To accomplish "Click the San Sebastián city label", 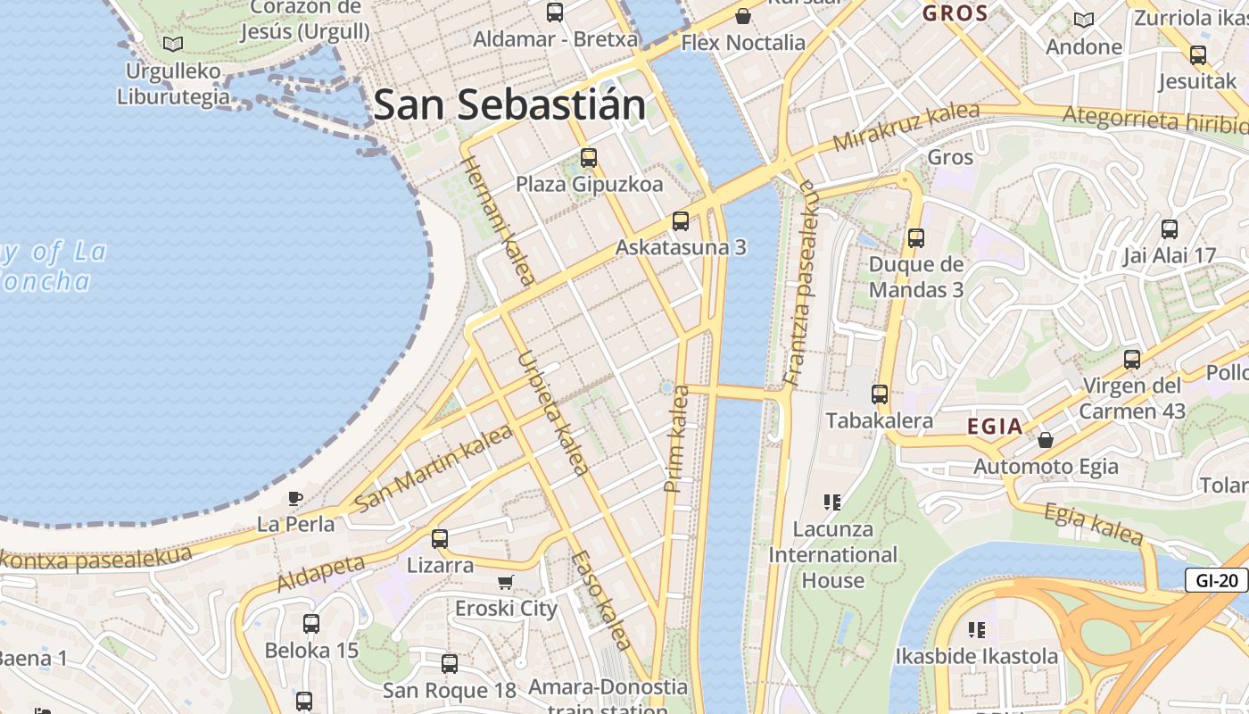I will [x=509, y=104].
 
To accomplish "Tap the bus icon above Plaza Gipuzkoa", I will [x=589, y=158].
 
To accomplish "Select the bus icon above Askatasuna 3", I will [x=681, y=220].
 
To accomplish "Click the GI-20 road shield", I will [x=1216, y=580].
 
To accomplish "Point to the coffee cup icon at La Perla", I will [x=295, y=498].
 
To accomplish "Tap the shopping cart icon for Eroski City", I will [x=506, y=583].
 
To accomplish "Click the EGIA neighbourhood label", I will [x=995, y=427].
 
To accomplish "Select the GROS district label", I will [x=955, y=13].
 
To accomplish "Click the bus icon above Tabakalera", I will [x=880, y=394].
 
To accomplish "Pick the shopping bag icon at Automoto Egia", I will [x=1046, y=440].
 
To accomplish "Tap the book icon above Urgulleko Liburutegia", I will [x=173, y=44].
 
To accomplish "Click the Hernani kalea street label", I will [x=497, y=220].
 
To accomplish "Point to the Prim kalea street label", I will [x=677, y=438].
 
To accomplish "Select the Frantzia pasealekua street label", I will [x=801, y=282].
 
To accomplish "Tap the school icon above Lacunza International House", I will [x=832, y=502].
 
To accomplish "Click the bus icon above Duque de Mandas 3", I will [x=916, y=238].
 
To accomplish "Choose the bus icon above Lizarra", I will [x=440, y=539].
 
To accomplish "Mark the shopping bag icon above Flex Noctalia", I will [x=742, y=16].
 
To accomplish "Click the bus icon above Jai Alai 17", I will [x=1170, y=228].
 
